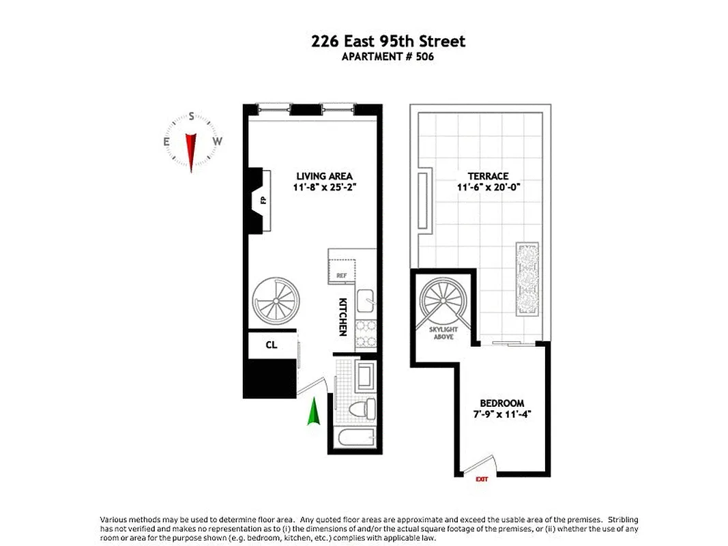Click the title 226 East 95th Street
(x=388, y=42)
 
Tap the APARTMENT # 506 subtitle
(x=388, y=57)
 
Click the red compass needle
(x=191, y=149)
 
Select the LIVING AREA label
(x=315, y=175)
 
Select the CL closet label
(x=272, y=345)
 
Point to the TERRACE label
(x=488, y=175)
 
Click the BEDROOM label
(x=501, y=403)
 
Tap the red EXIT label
(x=482, y=480)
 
